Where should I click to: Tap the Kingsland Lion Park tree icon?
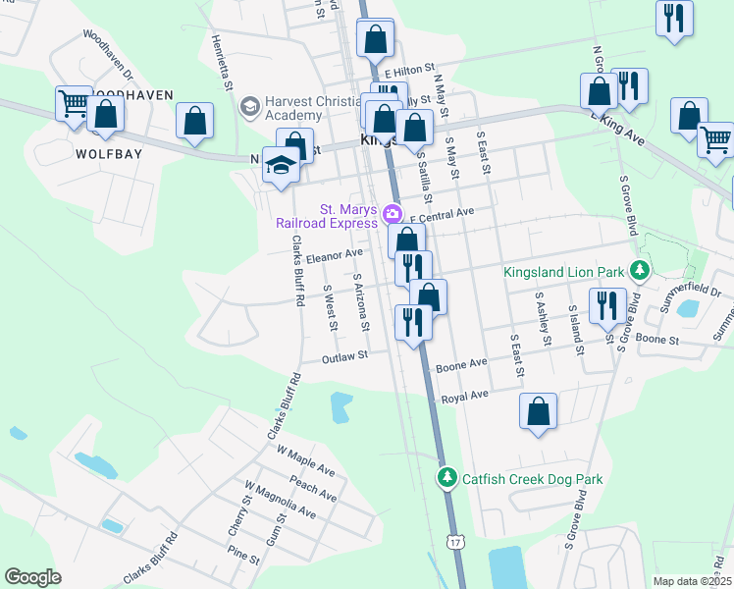(640, 269)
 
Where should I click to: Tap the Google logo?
(32, 577)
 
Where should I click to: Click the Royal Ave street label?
(464, 398)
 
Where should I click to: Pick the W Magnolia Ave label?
(281, 500)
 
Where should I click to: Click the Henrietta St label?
(221, 65)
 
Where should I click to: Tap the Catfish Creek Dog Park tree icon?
(446, 478)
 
